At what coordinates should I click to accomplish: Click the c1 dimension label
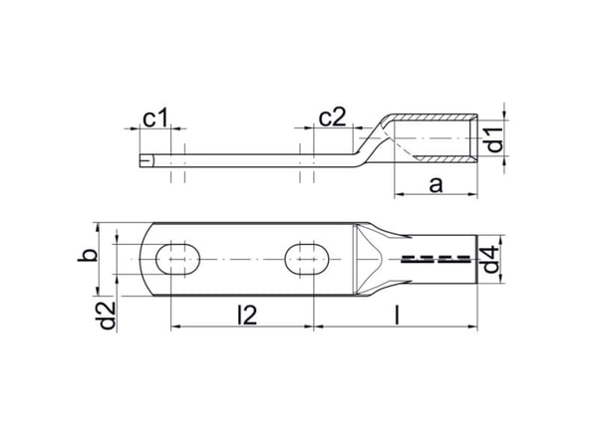point(154,118)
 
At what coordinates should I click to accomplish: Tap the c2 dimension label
point(332,117)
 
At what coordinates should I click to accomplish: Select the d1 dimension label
point(495,139)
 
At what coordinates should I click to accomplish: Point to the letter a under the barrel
point(436,185)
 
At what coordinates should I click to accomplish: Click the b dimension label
point(87,255)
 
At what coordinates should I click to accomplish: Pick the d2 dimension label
point(107,315)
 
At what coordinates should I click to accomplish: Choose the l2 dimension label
point(247,316)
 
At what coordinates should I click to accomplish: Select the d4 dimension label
point(490,260)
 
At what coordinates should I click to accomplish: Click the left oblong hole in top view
point(177,260)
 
